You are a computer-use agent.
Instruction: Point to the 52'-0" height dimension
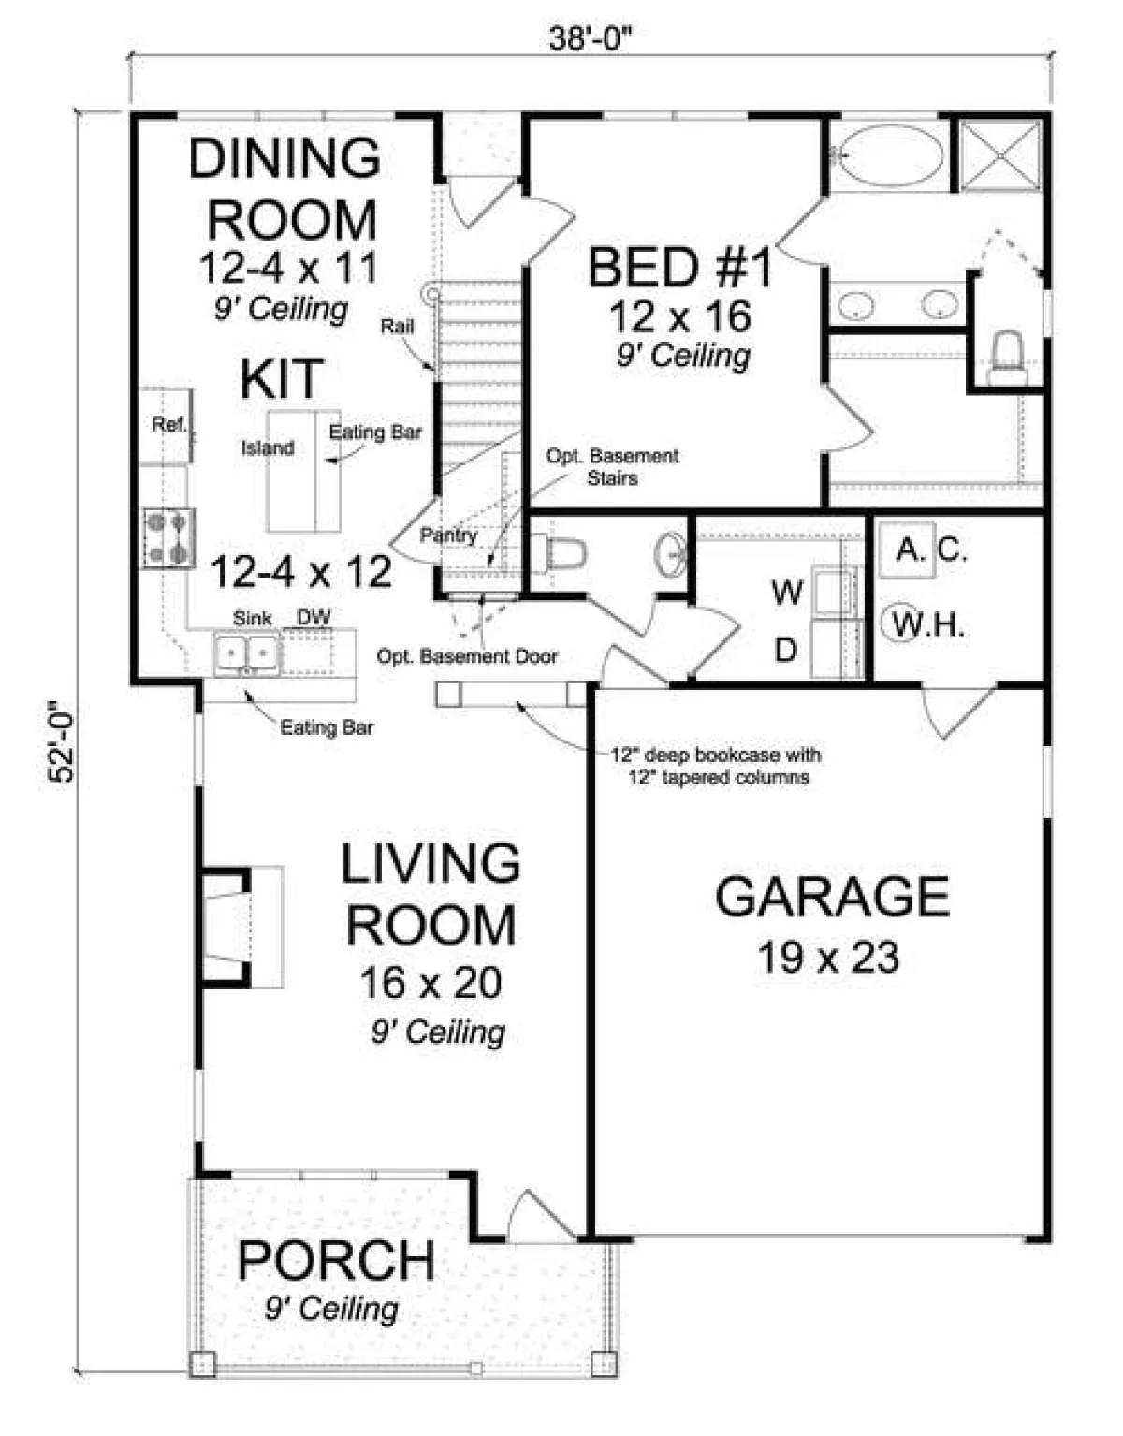point(62,741)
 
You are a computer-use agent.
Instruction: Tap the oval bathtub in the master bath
point(888,154)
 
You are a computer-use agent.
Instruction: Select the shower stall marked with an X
point(999,155)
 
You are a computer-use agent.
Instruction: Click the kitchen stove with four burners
point(169,538)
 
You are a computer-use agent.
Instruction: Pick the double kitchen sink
point(247,652)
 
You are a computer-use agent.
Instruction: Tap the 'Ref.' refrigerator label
point(169,425)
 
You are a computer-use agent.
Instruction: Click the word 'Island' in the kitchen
point(268,448)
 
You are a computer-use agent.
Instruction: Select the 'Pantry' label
point(448,535)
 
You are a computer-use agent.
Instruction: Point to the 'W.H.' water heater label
point(928,623)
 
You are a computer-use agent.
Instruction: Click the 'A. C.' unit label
point(932,549)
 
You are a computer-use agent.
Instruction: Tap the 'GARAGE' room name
point(832,897)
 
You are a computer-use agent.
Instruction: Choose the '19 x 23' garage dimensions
point(828,957)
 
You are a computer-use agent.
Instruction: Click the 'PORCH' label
point(336,1261)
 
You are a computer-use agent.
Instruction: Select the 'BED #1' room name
point(679,267)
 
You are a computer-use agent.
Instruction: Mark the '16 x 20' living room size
point(430,983)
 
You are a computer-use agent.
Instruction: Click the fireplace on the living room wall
point(241,927)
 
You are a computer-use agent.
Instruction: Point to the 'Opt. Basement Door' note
point(467,656)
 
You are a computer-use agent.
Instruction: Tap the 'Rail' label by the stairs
point(397,326)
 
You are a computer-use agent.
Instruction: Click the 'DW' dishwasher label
point(314,617)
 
